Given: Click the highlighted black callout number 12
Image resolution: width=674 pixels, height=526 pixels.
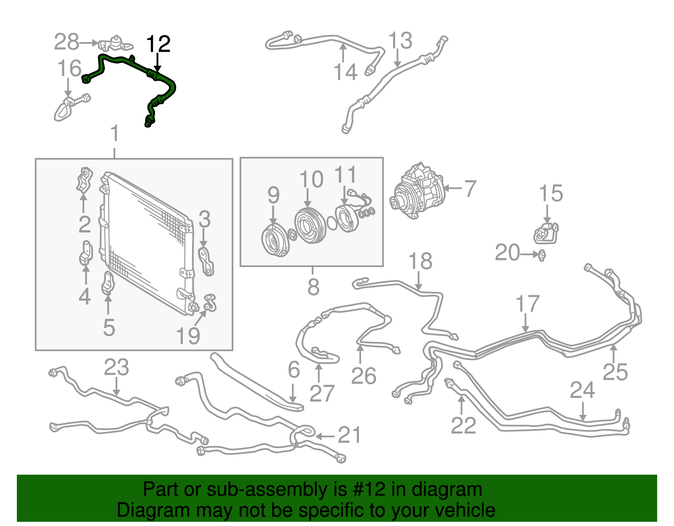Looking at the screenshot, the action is coord(158,44).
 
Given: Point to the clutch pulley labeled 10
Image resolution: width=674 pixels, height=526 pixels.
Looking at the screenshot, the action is coord(310,226).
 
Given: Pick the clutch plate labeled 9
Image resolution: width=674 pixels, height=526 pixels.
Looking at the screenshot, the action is coord(275,240).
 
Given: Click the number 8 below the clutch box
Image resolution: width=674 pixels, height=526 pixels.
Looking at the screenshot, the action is coord(313,287).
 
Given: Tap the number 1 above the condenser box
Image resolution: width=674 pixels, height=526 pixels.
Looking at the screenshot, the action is coord(115,133).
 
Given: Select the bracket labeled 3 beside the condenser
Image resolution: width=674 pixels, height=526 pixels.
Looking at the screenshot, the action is coord(206,261).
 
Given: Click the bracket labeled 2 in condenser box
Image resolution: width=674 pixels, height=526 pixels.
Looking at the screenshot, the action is coord(84,180).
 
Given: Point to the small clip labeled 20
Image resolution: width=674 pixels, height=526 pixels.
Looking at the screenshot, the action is coord(542,255).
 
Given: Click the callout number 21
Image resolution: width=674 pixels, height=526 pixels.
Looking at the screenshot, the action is coord(350,435).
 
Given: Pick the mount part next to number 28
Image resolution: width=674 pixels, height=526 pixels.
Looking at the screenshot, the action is coord(116,43).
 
